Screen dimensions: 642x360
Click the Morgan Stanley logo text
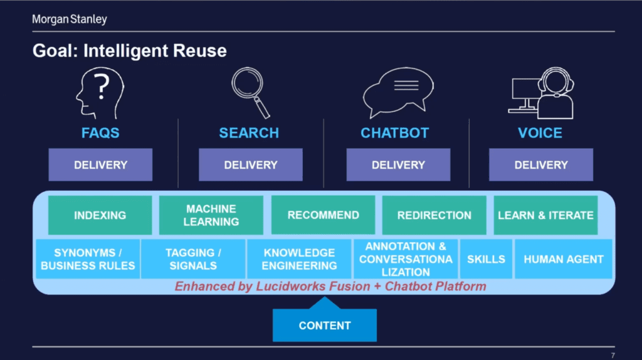coord(70,19)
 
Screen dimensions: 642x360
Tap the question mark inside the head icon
coord(101,87)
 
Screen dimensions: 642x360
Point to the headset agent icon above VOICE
coord(541,93)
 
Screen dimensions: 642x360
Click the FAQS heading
coord(100,133)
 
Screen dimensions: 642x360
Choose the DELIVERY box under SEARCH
coord(251,165)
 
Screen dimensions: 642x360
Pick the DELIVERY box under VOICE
coord(541,165)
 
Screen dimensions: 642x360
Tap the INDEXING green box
coord(100,215)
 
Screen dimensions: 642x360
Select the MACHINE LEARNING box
coord(211,215)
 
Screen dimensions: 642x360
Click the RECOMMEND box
coord(323,215)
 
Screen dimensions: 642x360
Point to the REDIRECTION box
coord(434,215)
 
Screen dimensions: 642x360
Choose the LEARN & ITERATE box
coord(545,215)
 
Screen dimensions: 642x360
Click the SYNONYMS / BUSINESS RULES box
coord(88,259)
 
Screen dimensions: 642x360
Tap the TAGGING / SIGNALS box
coord(193,259)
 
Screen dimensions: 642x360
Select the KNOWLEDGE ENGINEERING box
coord(299,259)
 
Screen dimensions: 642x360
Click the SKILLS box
coord(486,259)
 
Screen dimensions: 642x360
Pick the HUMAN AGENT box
coord(564,259)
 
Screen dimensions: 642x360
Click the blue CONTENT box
coord(325,325)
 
